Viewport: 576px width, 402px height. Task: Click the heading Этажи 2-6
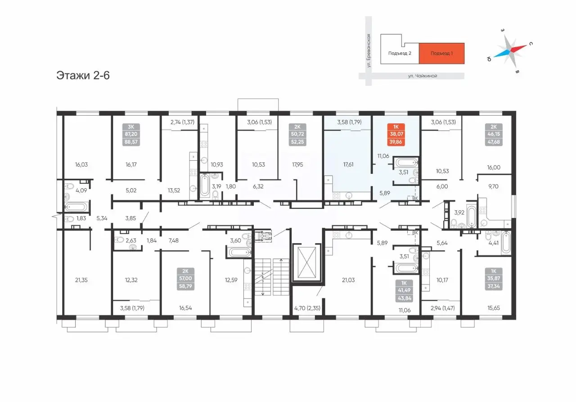[83, 75]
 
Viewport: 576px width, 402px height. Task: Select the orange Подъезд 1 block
[441, 53]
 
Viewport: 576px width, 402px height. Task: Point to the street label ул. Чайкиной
[423, 76]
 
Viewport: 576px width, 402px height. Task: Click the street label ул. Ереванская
[369, 51]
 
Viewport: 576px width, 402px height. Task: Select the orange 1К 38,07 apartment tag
[396, 134]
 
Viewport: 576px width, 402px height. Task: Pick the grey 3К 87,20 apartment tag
[131, 134]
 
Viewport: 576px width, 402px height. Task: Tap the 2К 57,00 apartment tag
[185, 279]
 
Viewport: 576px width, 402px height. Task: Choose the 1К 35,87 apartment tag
[494, 279]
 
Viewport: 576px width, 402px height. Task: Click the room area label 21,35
[81, 280]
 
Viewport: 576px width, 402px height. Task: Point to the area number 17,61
[348, 165]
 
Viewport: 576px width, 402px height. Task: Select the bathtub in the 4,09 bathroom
[76, 207]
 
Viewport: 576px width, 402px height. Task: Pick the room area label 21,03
[348, 280]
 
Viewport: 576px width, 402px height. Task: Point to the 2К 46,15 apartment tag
[494, 134]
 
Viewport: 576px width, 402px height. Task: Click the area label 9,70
[493, 186]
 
